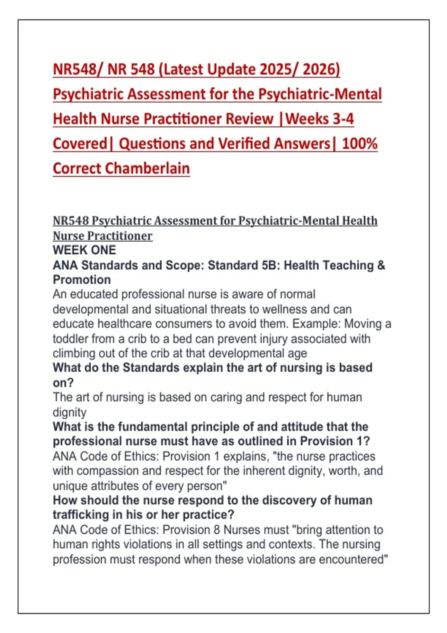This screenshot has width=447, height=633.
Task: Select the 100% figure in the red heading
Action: click(x=359, y=144)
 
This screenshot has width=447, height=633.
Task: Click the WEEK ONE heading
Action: click(x=84, y=250)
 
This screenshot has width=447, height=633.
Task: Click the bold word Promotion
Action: click(x=82, y=280)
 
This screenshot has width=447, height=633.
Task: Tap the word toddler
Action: click(x=70, y=339)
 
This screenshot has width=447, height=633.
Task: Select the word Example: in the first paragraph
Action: click(x=316, y=324)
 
